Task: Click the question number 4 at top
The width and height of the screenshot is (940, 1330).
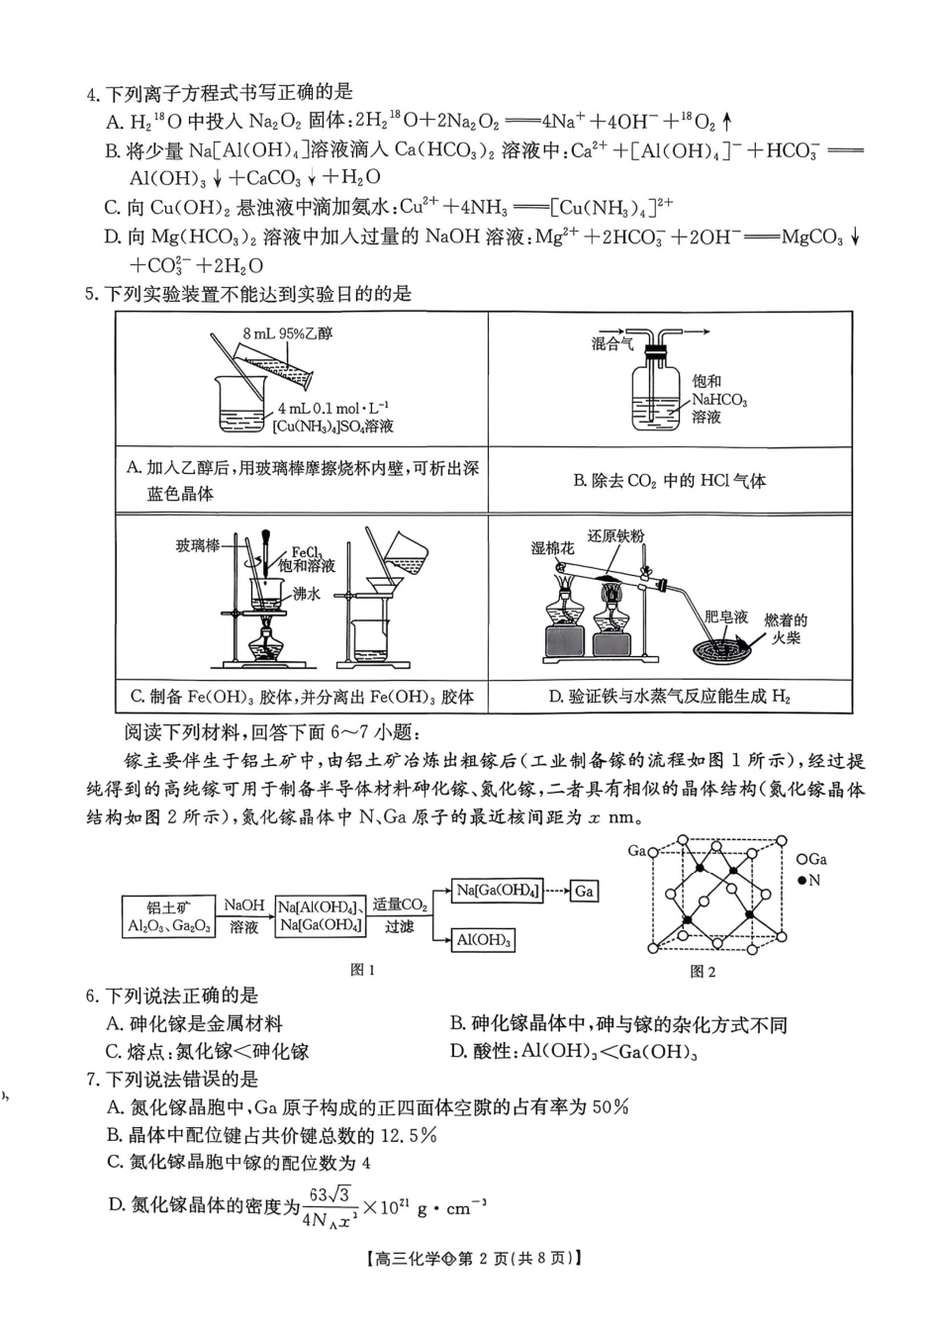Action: click(x=92, y=95)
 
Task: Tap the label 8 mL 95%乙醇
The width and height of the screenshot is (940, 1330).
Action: click(x=288, y=334)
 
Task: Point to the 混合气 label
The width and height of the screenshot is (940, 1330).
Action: click(x=612, y=344)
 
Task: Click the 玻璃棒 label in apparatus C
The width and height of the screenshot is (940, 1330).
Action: click(x=198, y=546)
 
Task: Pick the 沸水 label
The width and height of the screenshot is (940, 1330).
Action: click(x=306, y=595)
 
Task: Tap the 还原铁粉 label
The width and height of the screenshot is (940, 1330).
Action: click(x=615, y=536)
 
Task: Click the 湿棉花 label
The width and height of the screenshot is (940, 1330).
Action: click(x=552, y=547)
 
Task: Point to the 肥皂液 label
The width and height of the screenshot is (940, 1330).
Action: click(x=726, y=617)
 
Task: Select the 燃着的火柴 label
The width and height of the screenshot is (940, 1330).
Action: click(x=786, y=628)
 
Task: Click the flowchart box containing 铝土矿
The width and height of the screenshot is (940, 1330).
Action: click(x=169, y=917)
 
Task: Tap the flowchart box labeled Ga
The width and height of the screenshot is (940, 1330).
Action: click(x=584, y=891)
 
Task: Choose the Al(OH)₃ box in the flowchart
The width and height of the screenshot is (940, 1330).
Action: click(x=484, y=940)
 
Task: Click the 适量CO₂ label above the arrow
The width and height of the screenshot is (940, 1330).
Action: click(x=400, y=904)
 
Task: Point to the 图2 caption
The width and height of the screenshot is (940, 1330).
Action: click(x=703, y=972)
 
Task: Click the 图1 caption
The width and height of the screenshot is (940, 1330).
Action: click(x=363, y=970)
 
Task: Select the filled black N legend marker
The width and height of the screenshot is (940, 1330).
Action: click(x=801, y=881)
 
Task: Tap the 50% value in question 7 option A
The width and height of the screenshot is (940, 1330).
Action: click(x=611, y=1107)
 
